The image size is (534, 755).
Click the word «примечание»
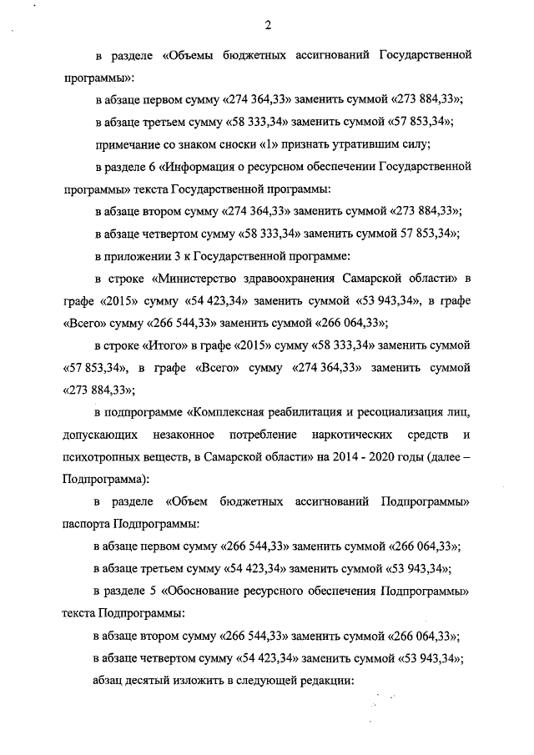(x=129, y=144)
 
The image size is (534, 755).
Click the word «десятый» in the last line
(x=154, y=680)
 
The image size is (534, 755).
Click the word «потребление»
(x=267, y=435)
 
